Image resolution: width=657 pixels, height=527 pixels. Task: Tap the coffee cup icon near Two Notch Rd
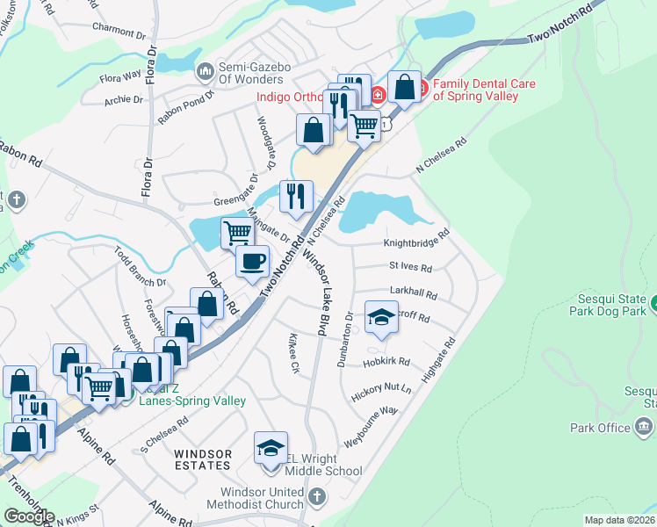pos(253,262)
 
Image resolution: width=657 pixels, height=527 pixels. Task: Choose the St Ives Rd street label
pos(410,267)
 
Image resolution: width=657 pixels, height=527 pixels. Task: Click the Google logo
pos(29,516)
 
